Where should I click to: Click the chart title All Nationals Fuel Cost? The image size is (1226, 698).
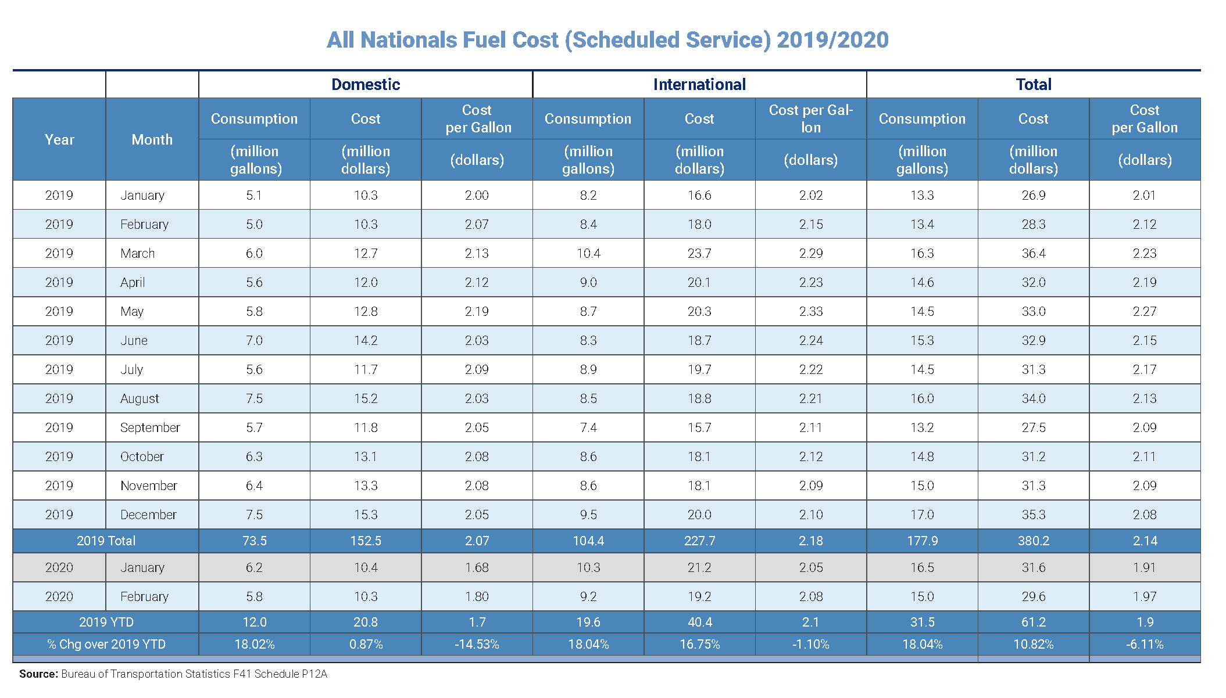click(607, 40)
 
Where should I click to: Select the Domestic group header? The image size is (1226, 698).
click(366, 85)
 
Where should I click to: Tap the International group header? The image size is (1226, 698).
click(699, 85)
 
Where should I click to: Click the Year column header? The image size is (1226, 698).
click(59, 139)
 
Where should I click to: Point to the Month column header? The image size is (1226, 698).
click(152, 139)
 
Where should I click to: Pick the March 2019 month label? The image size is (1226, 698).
click(138, 253)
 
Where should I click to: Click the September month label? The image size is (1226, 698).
click(150, 427)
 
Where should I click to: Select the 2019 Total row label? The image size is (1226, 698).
click(106, 541)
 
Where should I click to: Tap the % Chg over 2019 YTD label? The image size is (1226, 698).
click(106, 644)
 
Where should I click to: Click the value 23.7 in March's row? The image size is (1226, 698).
click(699, 253)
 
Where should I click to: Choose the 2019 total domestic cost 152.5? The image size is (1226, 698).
click(366, 541)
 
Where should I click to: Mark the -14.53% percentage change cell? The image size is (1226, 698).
click(477, 644)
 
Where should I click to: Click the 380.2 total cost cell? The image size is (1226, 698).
click(1034, 541)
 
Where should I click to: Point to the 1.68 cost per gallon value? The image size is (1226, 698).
click(477, 567)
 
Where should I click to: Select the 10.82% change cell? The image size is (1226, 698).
click(1034, 644)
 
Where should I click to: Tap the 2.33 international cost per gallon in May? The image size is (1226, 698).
click(811, 311)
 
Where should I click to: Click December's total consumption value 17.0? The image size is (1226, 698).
click(922, 514)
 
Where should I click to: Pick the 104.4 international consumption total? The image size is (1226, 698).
click(588, 541)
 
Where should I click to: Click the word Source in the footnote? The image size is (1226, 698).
click(38, 674)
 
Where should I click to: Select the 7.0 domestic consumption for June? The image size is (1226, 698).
click(254, 340)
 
